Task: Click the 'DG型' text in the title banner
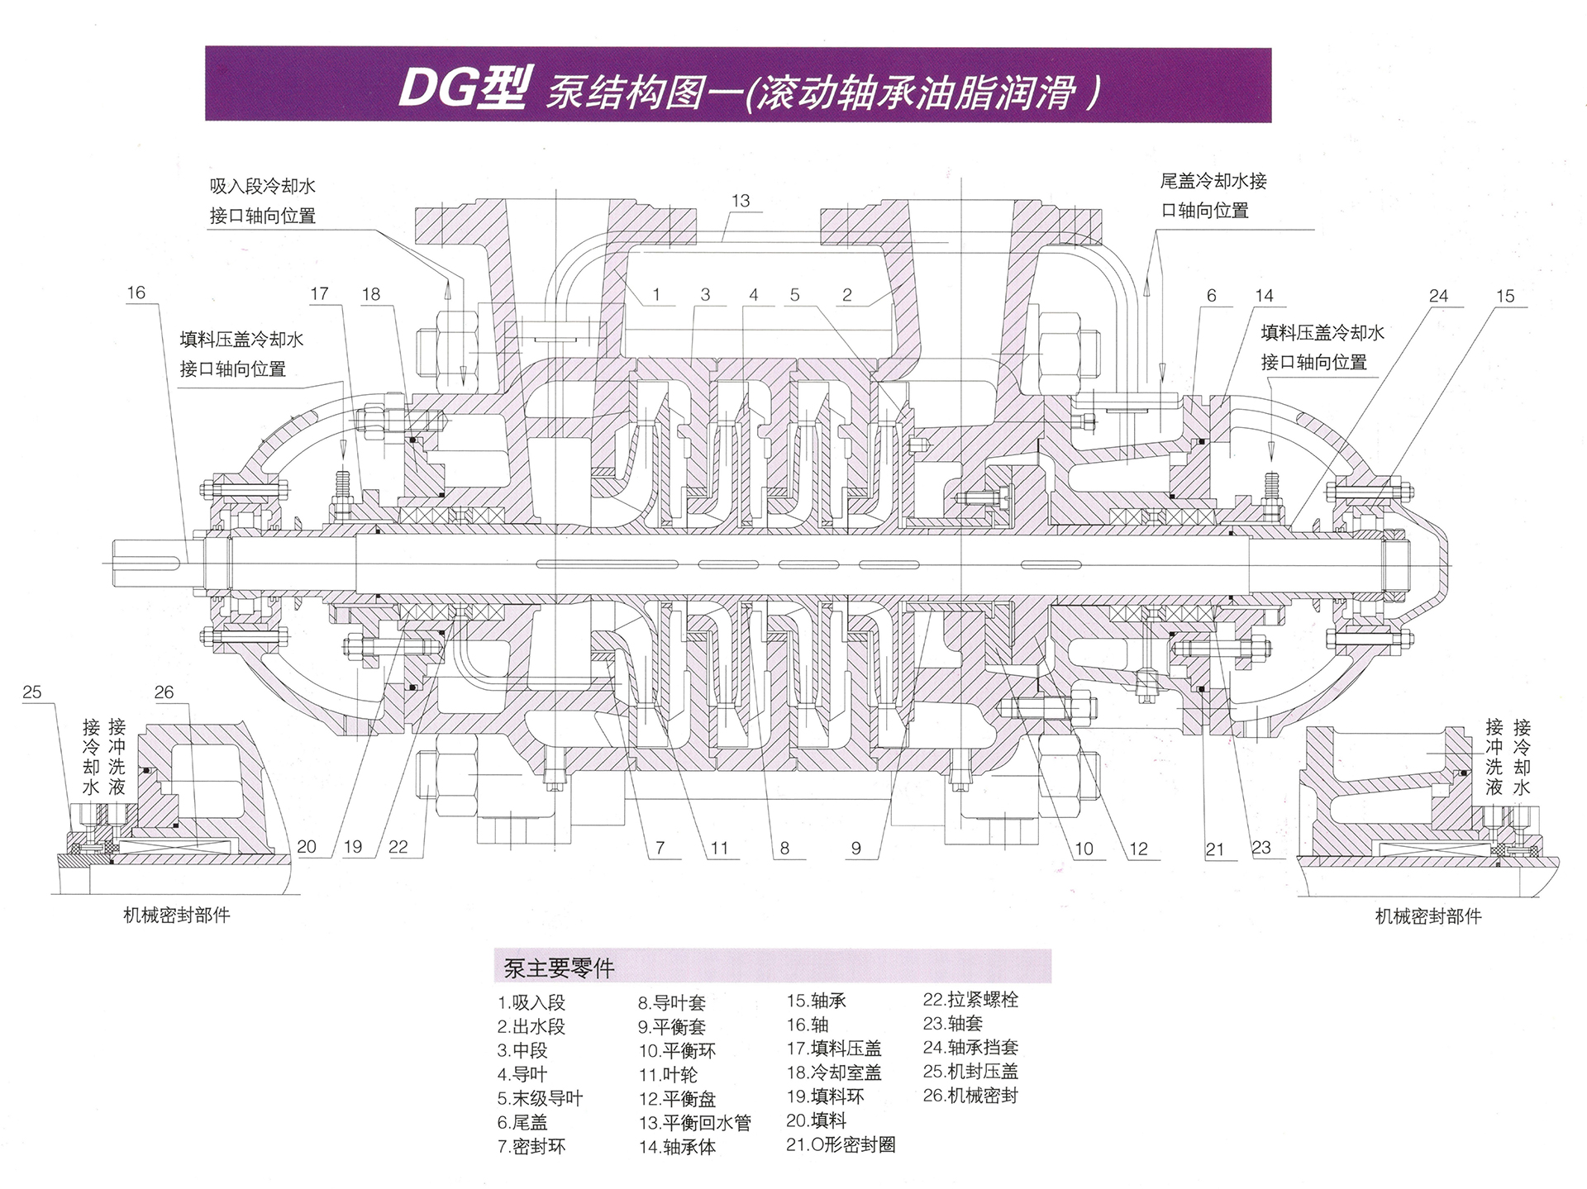(461, 88)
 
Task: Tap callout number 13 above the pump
(741, 201)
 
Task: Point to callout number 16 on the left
(136, 292)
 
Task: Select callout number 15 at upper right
(1505, 296)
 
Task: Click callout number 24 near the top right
(1439, 296)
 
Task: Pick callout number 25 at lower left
(31, 692)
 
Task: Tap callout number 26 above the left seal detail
(164, 692)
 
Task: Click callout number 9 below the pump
(856, 849)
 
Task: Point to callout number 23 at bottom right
(1261, 848)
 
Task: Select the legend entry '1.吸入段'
(531, 1003)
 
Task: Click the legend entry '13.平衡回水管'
(694, 1123)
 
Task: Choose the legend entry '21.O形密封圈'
(841, 1144)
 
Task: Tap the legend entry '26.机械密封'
(970, 1096)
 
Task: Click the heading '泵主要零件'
(559, 968)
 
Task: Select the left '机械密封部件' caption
(177, 915)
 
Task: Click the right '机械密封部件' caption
(1428, 916)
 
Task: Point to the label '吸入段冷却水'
(263, 187)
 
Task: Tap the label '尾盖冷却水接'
(1213, 181)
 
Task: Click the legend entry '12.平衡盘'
(677, 1099)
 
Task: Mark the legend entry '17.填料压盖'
(834, 1049)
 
